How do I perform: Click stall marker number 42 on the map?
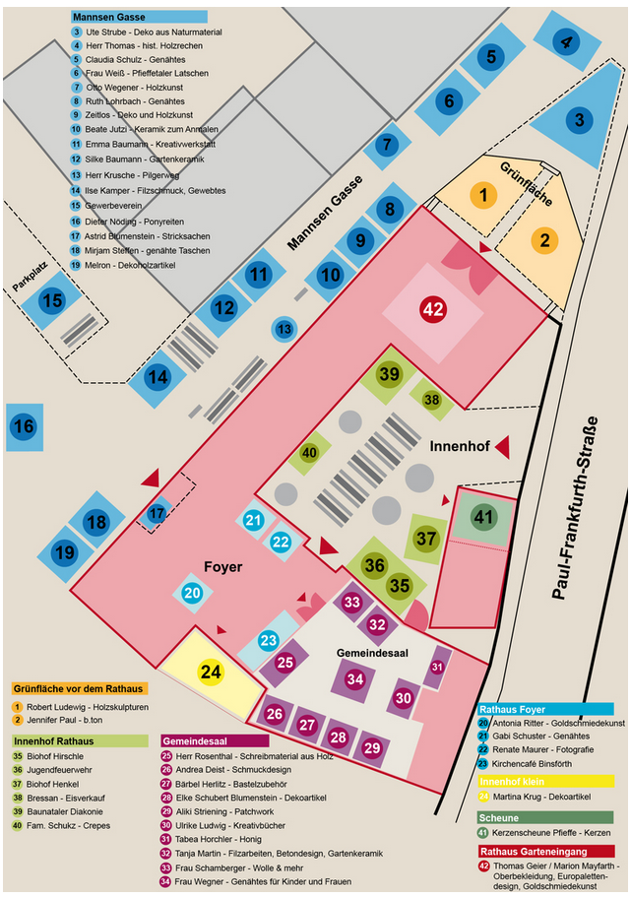[433, 308]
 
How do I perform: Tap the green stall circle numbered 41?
[482, 517]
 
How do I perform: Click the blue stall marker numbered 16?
[24, 427]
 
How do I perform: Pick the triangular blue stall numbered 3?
[580, 121]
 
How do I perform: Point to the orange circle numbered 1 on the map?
[482, 196]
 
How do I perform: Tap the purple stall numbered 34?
[354, 679]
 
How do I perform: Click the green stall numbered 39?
[390, 374]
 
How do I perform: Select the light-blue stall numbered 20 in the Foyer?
[192, 593]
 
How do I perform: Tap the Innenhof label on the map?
[459, 446]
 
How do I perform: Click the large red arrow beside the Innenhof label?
[502, 447]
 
